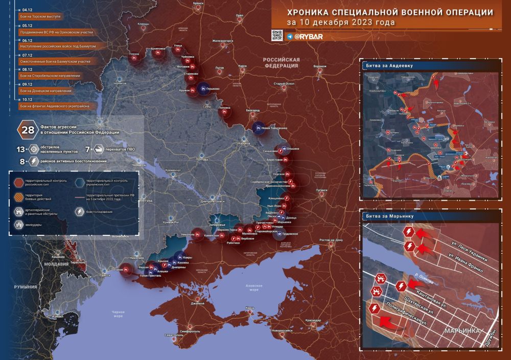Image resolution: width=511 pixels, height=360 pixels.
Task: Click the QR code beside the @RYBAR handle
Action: pos(276,35)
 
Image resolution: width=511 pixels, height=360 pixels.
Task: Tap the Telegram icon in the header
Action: pos(290,37)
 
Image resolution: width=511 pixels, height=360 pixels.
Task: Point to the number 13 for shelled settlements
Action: pos(21,149)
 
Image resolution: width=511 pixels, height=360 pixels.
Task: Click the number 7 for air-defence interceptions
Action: pos(87,149)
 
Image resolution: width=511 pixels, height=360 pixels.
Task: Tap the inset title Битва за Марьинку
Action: pos(390,216)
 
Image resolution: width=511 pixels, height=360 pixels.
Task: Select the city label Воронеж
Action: pos(320,66)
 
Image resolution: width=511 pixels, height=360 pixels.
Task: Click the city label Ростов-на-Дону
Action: pos(330,240)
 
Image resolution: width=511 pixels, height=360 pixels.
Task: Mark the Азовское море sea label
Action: pos(254,287)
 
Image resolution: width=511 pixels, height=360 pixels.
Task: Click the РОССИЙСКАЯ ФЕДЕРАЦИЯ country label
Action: pos(281,62)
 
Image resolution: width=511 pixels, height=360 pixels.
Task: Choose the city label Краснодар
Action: pos(313,320)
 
